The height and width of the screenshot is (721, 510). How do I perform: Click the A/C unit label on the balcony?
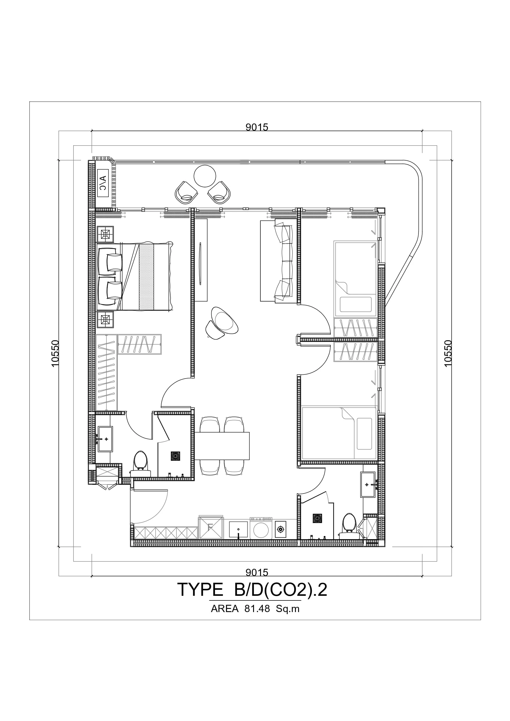coord(103,183)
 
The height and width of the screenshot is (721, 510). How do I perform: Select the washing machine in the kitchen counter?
coord(261,528)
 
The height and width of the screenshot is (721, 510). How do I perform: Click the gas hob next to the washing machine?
coord(280,530)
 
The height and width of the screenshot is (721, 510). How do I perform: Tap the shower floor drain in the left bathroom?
coord(175,456)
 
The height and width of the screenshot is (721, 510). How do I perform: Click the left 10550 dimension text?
coord(55,353)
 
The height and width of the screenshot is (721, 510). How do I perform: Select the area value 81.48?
coord(257,609)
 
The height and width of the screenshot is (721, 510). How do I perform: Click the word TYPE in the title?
coord(200,589)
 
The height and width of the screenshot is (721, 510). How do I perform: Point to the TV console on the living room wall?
coord(201,260)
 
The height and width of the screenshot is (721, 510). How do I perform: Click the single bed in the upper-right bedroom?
coord(355,279)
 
